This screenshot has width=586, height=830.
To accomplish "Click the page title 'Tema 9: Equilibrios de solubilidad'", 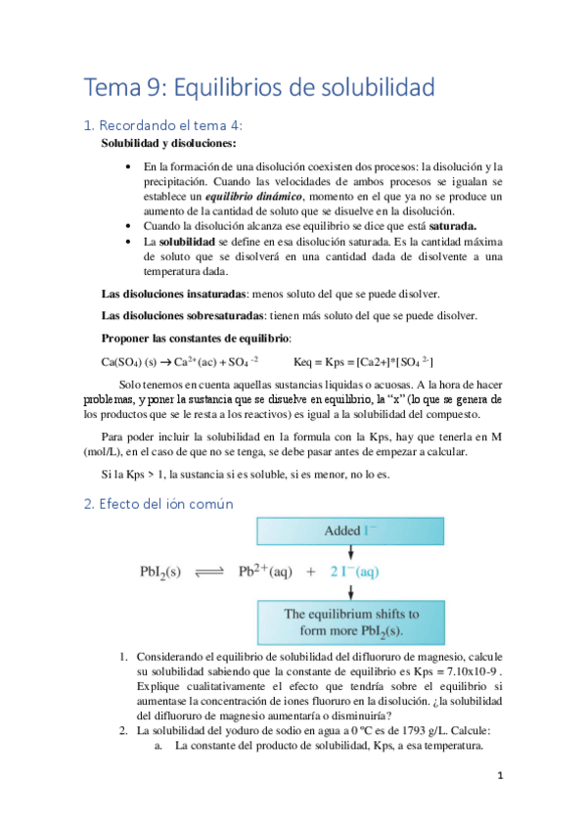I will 260,88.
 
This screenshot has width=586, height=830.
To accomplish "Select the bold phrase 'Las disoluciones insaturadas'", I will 173,295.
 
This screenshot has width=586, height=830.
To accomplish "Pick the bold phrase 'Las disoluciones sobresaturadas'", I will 181,315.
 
